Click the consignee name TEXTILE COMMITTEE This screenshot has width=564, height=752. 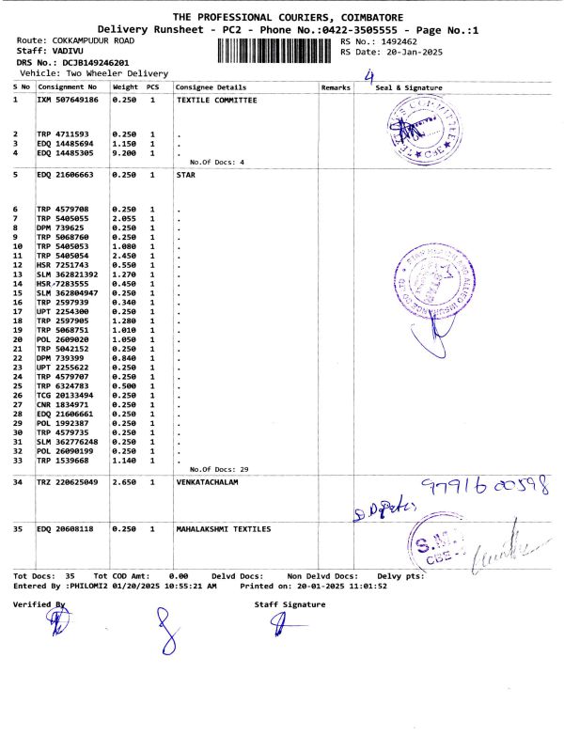click(216, 99)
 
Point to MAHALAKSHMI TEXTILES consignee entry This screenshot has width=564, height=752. click(224, 529)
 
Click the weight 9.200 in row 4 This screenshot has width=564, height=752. click(125, 152)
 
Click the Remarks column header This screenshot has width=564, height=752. click(336, 86)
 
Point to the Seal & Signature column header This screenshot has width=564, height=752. click(409, 86)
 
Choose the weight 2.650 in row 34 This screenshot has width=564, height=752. click(125, 483)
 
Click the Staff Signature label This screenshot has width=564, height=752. click(290, 604)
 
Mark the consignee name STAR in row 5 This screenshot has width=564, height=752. click(185, 175)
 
